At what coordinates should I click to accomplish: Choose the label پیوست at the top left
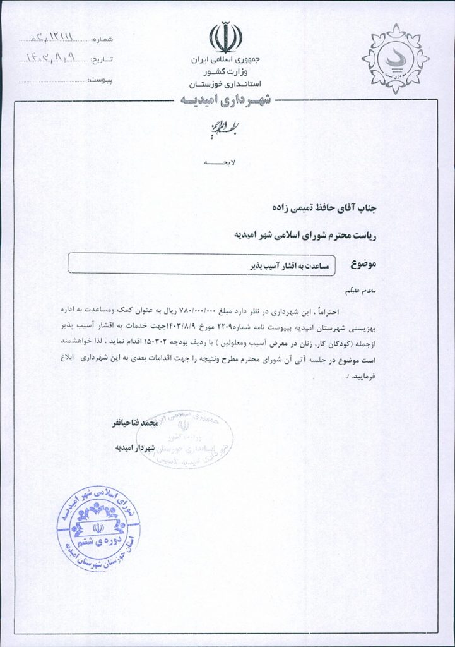(100, 80)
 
